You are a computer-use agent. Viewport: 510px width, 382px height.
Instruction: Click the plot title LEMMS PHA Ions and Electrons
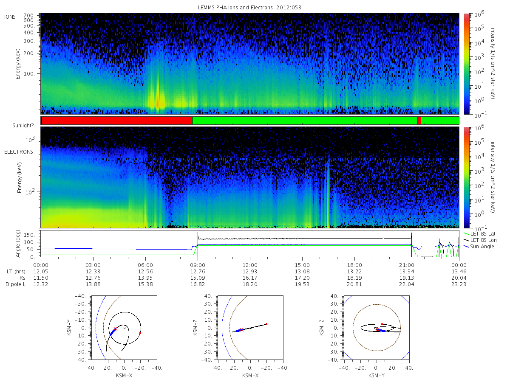(x=250, y=8)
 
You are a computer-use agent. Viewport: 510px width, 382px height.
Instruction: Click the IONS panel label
(x=10, y=17)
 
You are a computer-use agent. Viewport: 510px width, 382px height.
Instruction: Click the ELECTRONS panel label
(x=18, y=152)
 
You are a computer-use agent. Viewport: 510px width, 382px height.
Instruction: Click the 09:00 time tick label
(x=198, y=264)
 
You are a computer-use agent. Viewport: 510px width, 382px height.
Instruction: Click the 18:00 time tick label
(x=354, y=264)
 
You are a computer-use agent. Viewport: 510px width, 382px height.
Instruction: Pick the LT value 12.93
(x=250, y=271)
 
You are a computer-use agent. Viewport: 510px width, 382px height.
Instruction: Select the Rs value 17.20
(x=302, y=278)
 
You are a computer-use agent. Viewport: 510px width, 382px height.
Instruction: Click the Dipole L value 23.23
(x=459, y=284)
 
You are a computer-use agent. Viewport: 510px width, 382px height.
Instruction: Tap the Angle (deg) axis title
(x=19, y=244)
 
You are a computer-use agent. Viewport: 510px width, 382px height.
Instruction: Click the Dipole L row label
(x=15, y=284)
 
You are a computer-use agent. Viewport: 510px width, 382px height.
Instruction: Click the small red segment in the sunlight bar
(x=419, y=121)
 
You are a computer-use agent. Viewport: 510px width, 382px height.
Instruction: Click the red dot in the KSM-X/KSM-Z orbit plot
(x=266, y=324)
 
